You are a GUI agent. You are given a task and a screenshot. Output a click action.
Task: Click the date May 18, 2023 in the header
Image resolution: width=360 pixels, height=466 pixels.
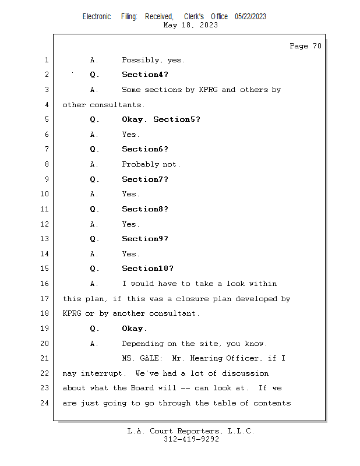190,25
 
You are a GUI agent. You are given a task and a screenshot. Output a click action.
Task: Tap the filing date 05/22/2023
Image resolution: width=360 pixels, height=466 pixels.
250,16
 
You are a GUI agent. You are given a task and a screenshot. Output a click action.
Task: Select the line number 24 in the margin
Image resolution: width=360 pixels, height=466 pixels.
45,403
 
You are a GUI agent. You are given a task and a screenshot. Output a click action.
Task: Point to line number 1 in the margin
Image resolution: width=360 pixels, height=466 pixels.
46,60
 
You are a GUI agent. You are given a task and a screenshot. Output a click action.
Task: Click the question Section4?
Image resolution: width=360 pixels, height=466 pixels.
145,75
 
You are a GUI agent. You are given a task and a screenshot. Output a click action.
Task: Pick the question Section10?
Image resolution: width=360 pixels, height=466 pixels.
147,269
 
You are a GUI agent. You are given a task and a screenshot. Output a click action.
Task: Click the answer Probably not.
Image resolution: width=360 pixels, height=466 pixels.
151,164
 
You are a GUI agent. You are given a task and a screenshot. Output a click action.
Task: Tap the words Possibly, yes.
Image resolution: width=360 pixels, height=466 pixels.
153,60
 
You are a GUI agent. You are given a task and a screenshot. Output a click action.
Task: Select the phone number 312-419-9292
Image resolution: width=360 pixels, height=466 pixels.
191,439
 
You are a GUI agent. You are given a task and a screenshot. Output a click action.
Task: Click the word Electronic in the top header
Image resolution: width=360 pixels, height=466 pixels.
97,16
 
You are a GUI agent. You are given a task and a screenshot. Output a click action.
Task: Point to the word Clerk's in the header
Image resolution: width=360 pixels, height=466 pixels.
193,16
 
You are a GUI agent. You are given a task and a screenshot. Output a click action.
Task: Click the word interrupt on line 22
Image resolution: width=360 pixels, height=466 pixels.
102,373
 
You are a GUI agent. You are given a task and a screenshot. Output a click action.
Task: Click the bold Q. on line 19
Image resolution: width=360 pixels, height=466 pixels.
94,329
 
